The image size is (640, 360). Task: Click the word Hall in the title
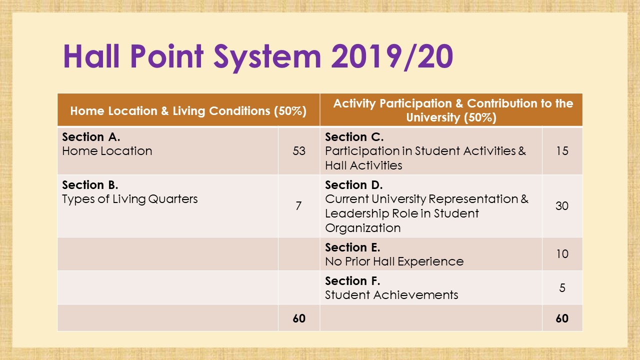point(91,56)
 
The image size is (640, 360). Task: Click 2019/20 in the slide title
point(392,57)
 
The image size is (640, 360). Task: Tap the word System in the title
point(267,58)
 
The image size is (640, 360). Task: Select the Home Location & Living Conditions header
point(188,111)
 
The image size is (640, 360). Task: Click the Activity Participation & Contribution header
point(453,110)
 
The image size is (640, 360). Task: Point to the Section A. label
point(91,137)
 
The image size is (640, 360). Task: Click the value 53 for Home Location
point(299,151)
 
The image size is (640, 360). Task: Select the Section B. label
point(90,185)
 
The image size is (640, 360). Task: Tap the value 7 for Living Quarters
point(298,205)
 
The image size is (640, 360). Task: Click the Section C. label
point(354,137)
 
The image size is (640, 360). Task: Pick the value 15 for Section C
point(562,151)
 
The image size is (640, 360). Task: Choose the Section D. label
point(354,185)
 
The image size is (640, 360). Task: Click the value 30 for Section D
point(562,205)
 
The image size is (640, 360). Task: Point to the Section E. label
point(352,247)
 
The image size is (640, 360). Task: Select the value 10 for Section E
point(562,253)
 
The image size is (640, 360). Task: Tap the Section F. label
point(352,281)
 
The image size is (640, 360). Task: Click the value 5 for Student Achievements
point(562,287)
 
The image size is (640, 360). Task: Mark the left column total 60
point(299,318)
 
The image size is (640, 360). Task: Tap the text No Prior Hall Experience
point(394,261)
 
